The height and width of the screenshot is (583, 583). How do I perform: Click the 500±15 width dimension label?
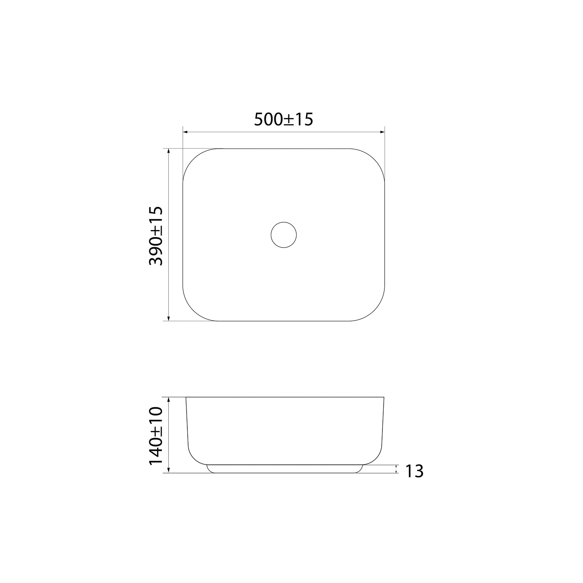click(283, 119)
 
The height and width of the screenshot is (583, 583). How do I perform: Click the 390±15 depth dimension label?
click(156, 236)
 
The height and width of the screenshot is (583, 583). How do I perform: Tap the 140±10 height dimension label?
click(156, 435)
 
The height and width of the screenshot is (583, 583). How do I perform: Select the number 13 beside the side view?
click(414, 471)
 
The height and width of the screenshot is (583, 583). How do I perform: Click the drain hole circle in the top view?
click(284, 222)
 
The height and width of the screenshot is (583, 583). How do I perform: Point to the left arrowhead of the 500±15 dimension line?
click(185, 133)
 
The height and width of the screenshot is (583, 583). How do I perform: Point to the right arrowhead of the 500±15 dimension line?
click(382, 133)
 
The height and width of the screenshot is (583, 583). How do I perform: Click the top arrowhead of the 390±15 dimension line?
click(168, 151)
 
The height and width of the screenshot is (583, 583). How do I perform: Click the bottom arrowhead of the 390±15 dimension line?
click(168, 318)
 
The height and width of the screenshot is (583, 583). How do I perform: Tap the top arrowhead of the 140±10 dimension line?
click(168, 400)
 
